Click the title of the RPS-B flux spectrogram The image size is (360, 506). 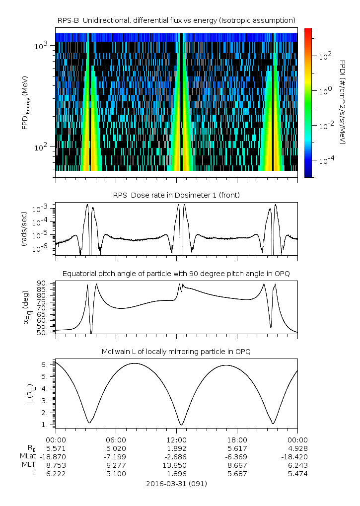(x=177, y=20)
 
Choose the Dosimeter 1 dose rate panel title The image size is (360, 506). (x=176, y=195)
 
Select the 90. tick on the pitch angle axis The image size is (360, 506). (x=46, y=284)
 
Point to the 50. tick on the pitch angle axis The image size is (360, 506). (x=46, y=333)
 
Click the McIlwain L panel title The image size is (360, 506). (x=176, y=352)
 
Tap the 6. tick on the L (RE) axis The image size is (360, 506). (x=48, y=364)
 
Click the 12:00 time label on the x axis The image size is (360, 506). (x=176, y=439)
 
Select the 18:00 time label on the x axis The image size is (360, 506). (x=237, y=439)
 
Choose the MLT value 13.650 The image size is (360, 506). (x=176, y=465)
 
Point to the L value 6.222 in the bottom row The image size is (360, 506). (x=56, y=474)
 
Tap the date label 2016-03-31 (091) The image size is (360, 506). (x=176, y=484)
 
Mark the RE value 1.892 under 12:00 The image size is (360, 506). (x=176, y=448)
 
